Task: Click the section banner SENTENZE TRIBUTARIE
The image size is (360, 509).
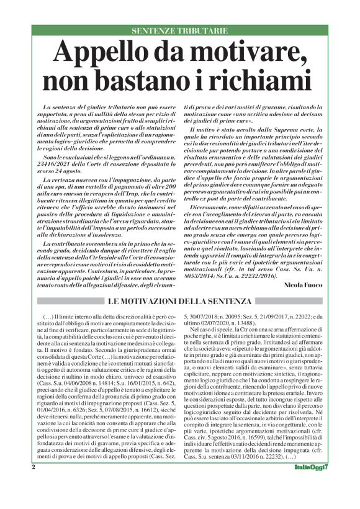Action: click(x=179, y=31)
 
